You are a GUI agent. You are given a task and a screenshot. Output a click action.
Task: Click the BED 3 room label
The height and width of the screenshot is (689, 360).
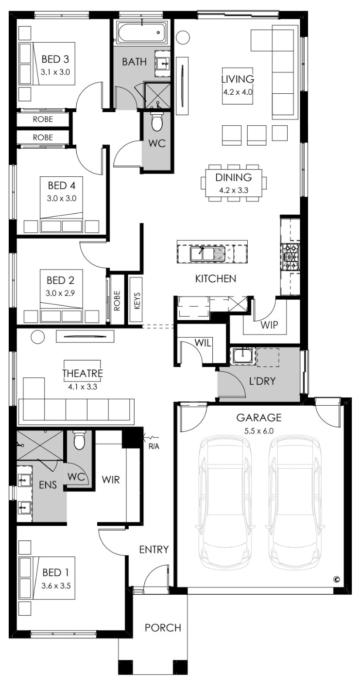(x=55, y=59)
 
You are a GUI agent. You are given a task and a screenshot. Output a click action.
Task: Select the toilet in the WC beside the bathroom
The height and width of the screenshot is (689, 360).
(x=157, y=121)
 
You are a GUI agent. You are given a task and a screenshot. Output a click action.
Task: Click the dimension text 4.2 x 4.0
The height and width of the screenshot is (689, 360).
(x=238, y=92)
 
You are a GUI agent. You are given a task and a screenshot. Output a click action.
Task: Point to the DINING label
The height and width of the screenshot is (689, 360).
(x=233, y=177)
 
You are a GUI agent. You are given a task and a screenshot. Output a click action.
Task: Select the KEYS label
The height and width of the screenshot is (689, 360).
(x=137, y=301)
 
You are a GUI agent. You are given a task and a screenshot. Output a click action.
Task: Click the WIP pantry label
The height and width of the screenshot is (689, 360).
(x=269, y=325)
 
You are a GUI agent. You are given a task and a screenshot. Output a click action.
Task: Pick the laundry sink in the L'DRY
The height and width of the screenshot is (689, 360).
(x=243, y=356)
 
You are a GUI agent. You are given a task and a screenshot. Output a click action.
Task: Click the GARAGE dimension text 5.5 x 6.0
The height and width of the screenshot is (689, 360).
(x=259, y=431)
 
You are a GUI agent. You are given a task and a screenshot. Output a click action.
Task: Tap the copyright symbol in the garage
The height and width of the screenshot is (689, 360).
(x=337, y=579)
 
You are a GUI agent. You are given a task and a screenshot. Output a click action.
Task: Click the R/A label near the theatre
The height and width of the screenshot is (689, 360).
(x=154, y=447)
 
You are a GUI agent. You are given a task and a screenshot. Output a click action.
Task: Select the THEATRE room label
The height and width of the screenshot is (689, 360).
(x=83, y=373)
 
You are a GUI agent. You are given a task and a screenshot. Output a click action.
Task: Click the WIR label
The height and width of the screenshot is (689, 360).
(x=111, y=480)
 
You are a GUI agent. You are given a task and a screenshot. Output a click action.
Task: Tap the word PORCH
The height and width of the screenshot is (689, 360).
(x=163, y=628)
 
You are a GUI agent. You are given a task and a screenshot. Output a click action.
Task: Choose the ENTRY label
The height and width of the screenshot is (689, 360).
(x=154, y=550)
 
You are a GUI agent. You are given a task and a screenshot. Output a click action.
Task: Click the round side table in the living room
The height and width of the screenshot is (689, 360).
(x=183, y=37)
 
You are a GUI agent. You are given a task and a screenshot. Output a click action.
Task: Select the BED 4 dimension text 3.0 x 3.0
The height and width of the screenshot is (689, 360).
(x=62, y=198)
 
